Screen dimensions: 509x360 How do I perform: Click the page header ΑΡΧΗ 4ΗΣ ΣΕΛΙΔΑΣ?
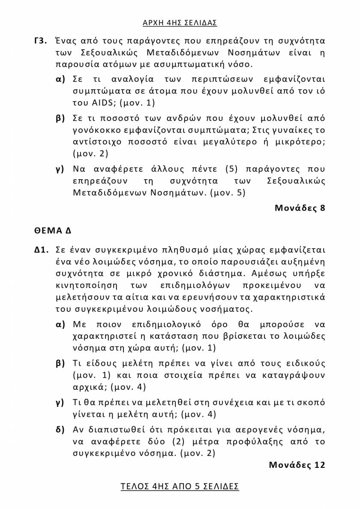pos(180,22)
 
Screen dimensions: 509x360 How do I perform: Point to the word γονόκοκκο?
pos(102,130)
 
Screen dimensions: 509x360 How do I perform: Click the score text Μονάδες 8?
pos(300,208)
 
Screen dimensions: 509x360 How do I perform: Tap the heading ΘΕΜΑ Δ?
pos(53,230)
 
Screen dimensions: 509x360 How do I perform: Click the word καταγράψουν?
pos(297,375)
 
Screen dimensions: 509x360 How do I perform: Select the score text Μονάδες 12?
pos(297,465)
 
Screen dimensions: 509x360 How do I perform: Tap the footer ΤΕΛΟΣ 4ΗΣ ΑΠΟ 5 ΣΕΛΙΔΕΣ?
pos(180,486)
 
